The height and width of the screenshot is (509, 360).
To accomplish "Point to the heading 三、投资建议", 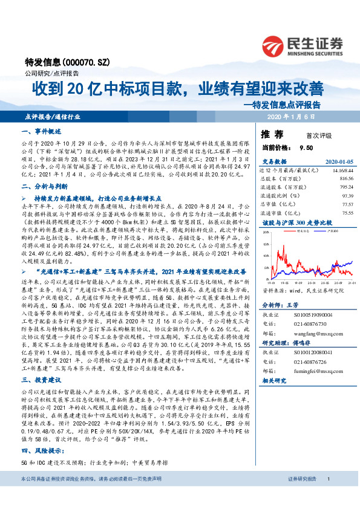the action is [42, 380].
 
